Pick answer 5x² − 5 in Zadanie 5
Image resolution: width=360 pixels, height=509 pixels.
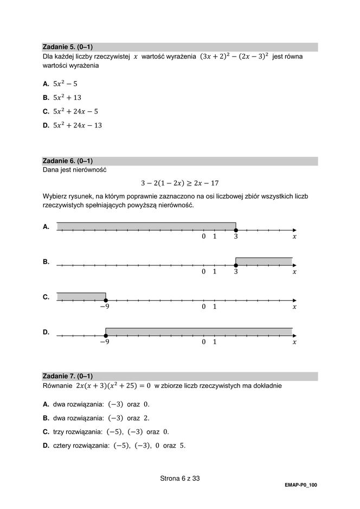pyautogui.click(x=65, y=84)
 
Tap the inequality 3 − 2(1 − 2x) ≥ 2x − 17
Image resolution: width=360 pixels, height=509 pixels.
pyautogui.click(x=179, y=183)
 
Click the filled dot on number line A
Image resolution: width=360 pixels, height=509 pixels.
pyautogui.click(x=236, y=230)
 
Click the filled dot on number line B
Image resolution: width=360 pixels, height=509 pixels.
pyautogui.click(x=236, y=265)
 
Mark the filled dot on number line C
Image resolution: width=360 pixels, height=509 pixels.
pyautogui.click(x=106, y=300)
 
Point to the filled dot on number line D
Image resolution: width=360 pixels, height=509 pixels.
pyautogui.click(x=106, y=336)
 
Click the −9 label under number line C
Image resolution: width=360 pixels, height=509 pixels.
pyautogui.click(x=104, y=307)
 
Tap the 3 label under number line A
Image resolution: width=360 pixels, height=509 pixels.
pyautogui.click(x=236, y=237)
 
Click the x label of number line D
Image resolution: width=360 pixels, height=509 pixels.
pyautogui.click(x=294, y=342)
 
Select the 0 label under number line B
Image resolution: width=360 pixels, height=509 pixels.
pyautogui.click(x=204, y=272)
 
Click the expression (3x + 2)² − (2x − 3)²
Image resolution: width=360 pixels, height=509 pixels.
pyautogui.click(x=234, y=56)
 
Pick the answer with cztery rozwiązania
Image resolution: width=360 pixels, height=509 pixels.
pyautogui.click(x=119, y=446)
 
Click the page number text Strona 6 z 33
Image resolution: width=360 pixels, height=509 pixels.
pyautogui.click(x=180, y=478)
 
